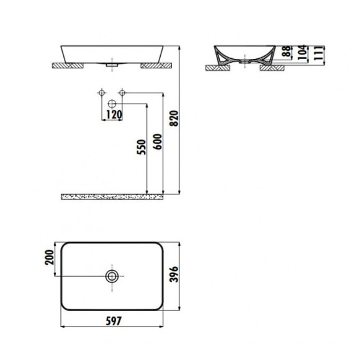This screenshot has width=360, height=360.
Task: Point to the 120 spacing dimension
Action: click(x=112, y=114)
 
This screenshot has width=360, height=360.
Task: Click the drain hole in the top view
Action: click(x=112, y=276)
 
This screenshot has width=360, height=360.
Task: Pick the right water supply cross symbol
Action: click(x=122, y=92)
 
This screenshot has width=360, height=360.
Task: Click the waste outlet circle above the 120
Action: click(x=112, y=103)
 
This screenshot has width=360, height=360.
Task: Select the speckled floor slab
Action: click(x=112, y=196)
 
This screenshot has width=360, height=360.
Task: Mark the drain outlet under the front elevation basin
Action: click(x=112, y=63)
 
